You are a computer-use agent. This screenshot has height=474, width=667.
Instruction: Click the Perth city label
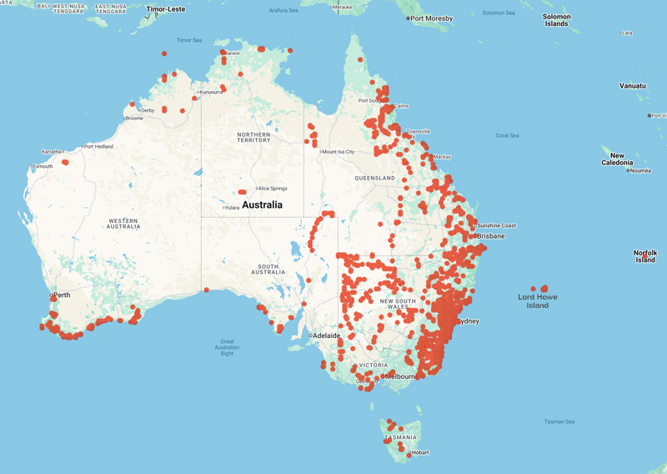[x=62, y=295]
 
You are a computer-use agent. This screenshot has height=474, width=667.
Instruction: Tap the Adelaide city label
[x=326, y=335]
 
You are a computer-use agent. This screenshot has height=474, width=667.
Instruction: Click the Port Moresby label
[x=431, y=18]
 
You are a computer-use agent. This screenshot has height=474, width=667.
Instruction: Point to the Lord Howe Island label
[x=538, y=301]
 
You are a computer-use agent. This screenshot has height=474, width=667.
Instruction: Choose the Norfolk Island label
[x=645, y=256]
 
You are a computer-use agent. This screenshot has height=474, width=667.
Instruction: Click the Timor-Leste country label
[x=166, y=9]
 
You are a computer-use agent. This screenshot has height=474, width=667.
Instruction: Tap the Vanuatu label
[x=632, y=86]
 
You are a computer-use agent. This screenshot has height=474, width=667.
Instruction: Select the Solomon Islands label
[x=556, y=20]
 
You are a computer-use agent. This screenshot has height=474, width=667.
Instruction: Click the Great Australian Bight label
[x=227, y=347]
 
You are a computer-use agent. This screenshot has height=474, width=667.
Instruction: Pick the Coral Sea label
[x=507, y=135]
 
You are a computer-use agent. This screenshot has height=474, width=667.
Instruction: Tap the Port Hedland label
[x=98, y=147]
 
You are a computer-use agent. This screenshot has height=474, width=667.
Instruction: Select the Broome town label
[x=133, y=118]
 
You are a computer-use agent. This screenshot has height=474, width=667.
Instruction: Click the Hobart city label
[x=419, y=452]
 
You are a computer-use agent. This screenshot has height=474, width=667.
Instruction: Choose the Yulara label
[x=233, y=208]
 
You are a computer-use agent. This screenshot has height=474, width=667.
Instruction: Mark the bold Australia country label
[x=262, y=204]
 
